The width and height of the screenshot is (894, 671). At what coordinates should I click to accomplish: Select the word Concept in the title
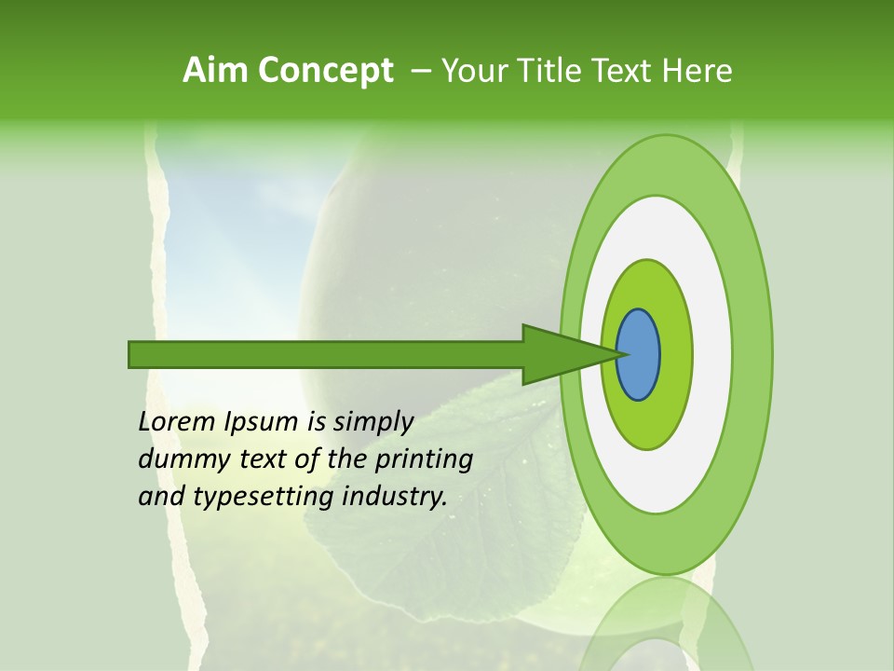pos(326,70)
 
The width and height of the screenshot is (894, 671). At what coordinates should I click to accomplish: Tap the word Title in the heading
pos(537,70)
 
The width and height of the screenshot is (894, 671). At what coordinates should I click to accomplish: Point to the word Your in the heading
pos(471,70)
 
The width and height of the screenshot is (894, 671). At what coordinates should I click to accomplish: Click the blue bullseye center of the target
pos(639,354)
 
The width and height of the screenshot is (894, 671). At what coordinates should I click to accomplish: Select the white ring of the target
pos(712,354)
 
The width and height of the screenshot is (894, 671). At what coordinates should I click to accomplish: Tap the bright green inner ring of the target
pos(676,354)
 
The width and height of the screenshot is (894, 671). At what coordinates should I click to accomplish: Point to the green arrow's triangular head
pos(559,354)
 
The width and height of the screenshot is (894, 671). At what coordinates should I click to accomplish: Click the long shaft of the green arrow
pos(326,354)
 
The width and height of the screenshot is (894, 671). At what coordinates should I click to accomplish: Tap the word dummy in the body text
pos(178,459)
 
